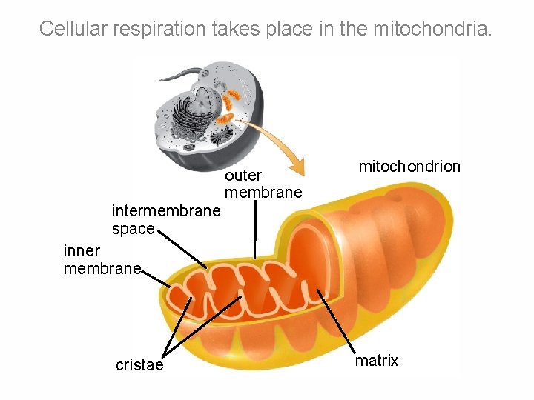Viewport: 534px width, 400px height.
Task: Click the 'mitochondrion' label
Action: point(409,167)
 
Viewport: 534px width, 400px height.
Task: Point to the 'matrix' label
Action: point(377,361)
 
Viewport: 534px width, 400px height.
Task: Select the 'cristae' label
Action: point(139,365)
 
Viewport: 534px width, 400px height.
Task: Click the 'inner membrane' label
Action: point(102,260)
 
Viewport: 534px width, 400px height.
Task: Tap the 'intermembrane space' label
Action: point(165,220)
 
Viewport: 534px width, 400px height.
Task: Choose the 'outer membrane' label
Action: point(263,184)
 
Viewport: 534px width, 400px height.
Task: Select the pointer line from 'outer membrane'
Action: point(255,230)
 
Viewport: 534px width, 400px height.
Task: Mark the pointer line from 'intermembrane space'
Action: point(182,248)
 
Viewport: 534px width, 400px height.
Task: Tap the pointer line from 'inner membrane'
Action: point(156,278)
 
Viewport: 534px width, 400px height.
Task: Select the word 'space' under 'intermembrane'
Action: point(133,229)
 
